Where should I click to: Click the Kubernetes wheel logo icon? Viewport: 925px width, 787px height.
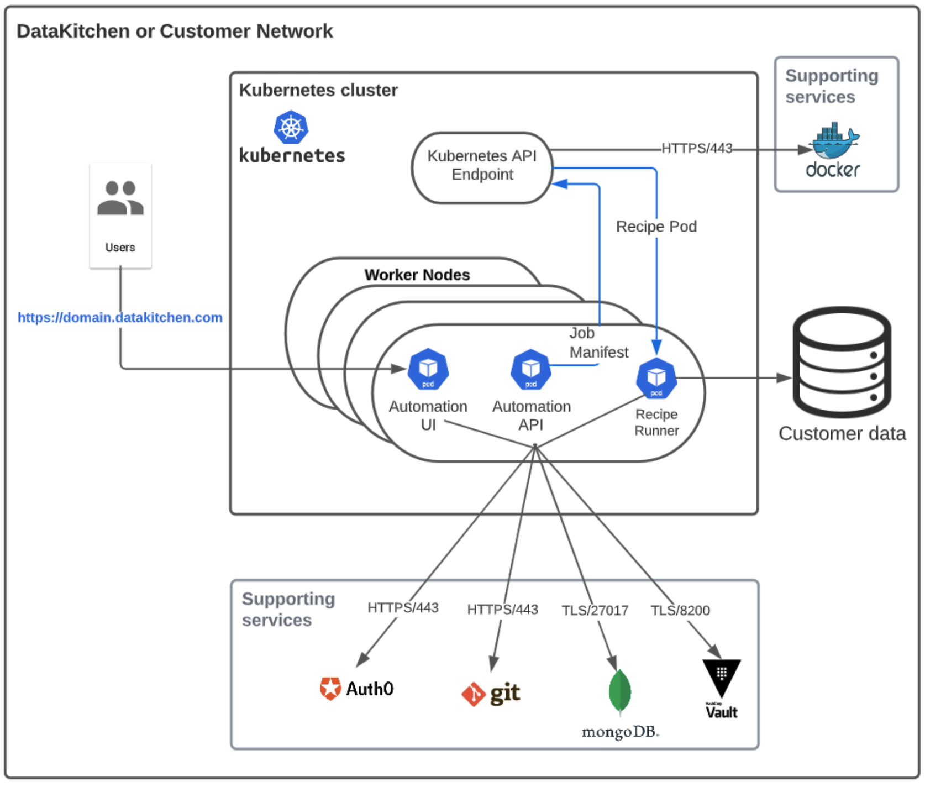(291, 127)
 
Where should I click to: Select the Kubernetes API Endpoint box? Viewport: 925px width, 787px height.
(482, 166)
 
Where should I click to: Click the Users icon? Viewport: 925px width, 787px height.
(120, 198)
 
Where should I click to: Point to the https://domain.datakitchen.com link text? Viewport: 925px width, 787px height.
(120, 317)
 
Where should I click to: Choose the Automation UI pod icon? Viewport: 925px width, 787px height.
(428, 369)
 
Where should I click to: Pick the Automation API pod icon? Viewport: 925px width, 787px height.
(531, 369)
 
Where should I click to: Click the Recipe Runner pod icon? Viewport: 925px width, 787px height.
(656, 379)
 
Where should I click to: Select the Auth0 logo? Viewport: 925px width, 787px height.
(356, 689)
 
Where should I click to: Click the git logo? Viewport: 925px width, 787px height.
(491, 694)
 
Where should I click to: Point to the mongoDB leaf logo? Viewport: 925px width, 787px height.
(620, 691)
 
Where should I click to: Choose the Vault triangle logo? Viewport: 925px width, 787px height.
(722, 678)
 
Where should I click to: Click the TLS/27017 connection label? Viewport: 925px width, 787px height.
(595, 610)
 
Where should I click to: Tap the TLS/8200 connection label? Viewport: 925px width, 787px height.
(680, 610)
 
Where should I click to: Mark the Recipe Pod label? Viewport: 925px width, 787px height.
(656, 227)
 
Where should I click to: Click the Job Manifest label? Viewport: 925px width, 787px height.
(598, 343)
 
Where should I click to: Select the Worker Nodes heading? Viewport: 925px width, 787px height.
(417, 275)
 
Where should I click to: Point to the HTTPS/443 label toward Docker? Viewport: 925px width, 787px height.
(697, 148)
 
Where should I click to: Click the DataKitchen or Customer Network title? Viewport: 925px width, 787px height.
(175, 31)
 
